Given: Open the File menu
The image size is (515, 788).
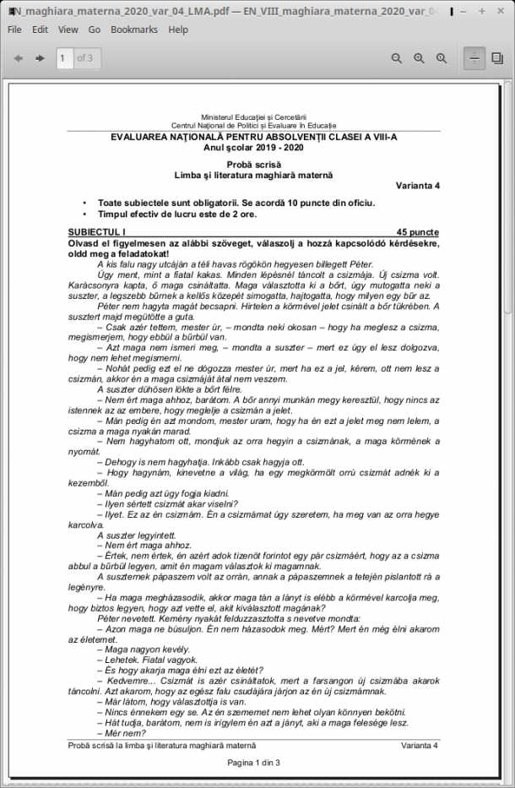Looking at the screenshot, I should click(14, 29).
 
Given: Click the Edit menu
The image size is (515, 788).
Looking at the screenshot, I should click(40, 29).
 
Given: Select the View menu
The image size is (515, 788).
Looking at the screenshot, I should click(68, 29).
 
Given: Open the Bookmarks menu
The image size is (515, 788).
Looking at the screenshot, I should click(134, 29).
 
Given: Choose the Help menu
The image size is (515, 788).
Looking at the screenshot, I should click(178, 29).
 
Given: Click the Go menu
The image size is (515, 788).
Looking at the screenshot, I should click(95, 29).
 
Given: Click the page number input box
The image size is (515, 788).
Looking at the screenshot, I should click(64, 58).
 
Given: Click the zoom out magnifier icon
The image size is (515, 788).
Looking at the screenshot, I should click(397, 58).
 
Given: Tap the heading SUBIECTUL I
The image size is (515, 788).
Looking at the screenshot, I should click(96, 231).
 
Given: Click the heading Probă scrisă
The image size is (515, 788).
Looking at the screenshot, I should click(253, 165).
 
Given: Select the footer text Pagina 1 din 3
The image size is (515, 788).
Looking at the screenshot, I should click(253, 763).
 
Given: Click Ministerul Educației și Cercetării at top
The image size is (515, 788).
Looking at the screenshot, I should click(253, 117).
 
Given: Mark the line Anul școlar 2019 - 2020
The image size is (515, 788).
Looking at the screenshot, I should click(253, 147).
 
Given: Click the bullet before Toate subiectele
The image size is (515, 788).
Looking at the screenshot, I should click(85, 204).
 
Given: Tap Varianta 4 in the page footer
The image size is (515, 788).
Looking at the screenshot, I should click(419, 746).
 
